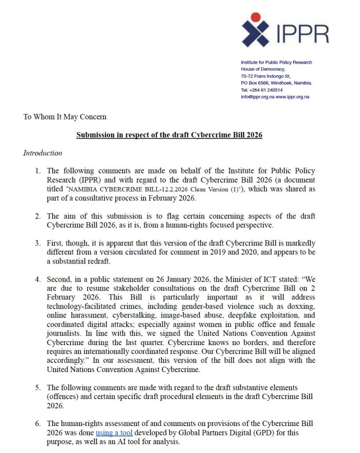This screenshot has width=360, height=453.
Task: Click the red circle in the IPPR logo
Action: click(254, 18)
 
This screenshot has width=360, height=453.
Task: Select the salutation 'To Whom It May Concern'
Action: click(65, 117)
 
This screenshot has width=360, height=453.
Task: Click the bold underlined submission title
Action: click(169, 135)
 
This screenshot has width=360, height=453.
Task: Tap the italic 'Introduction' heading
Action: click(42, 153)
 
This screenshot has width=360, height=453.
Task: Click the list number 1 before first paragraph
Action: click(38, 171)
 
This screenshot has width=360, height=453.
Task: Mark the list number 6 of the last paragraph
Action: click(38, 423)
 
